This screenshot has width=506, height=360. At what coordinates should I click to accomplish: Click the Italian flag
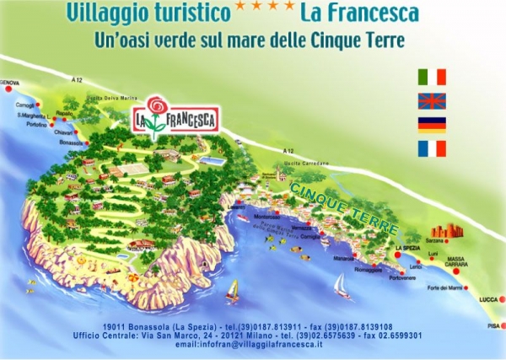point(432,77)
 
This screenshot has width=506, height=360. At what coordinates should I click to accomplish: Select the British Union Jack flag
point(432,101)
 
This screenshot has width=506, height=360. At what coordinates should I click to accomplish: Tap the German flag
point(432,126)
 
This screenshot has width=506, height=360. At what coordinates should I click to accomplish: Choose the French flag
point(432,149)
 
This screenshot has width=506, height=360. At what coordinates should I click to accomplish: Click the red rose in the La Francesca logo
point(154,105)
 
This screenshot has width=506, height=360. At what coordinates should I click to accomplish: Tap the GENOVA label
point(9,82)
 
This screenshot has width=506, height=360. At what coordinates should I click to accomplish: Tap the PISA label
point(492,325)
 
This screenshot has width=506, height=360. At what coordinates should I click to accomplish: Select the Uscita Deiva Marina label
point(116,97)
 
